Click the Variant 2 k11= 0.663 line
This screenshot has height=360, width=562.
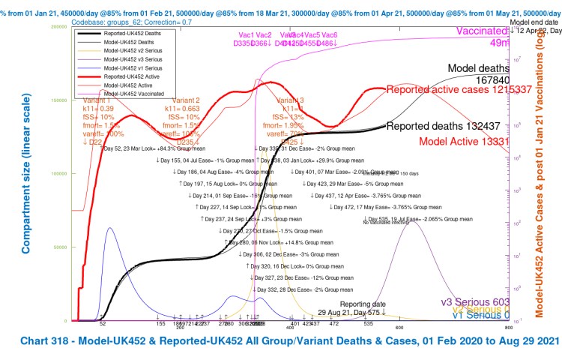(185, 109)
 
